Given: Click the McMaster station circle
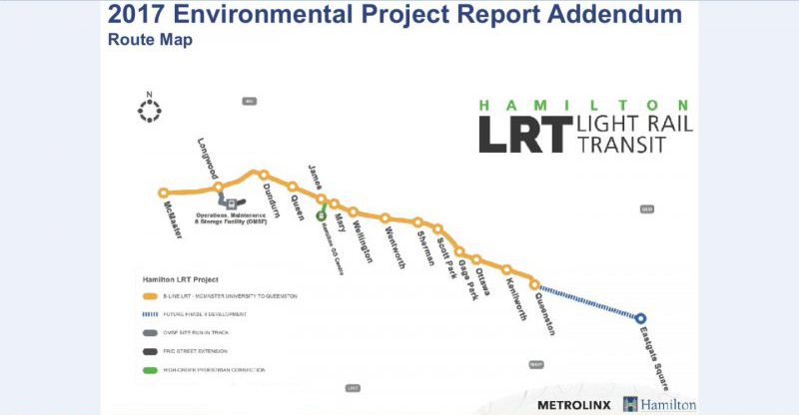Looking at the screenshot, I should click(164, 194).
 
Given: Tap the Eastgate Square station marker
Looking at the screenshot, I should click(640, 318).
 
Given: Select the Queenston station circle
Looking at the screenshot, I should click(534, 284).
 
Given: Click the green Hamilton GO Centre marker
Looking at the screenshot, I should click(321, 214).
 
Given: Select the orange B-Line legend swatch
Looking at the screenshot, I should click(150, 296).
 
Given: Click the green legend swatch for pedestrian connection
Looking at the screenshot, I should click(150, 370).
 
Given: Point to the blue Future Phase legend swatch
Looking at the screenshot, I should click(150, 314).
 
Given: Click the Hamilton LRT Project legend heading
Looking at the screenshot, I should click(179, 279).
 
